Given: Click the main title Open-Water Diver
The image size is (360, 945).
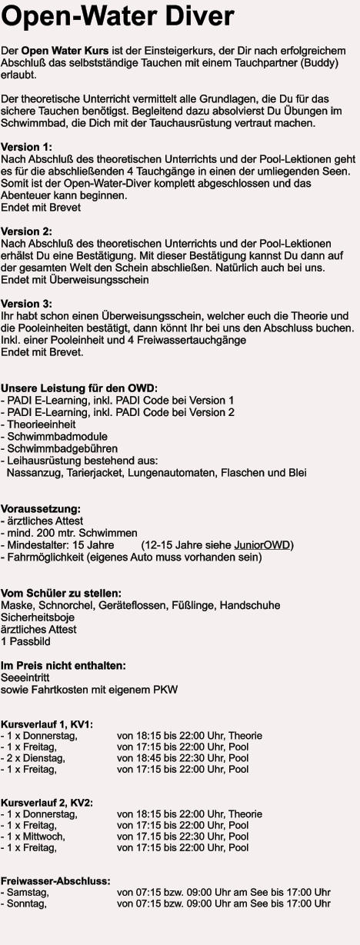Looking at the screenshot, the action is (118, 17).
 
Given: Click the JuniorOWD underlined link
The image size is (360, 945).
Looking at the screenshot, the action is (261, 545).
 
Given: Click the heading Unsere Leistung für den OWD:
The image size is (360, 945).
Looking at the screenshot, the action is (79, 388).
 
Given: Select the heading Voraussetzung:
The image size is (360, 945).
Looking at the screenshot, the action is (41, 509).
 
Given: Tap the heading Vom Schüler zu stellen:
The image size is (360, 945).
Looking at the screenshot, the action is (61, 593).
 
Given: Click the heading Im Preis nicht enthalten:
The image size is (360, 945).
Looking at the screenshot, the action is (64, 665).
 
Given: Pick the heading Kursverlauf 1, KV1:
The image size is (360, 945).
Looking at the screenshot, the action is (47, 724).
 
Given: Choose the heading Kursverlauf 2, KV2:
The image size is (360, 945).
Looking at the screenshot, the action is (47, 803).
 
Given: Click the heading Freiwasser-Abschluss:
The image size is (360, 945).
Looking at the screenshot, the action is (55, 880).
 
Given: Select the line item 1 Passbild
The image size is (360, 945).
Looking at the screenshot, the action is (24, 641).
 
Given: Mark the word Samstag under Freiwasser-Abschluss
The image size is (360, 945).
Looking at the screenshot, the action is (28, 892).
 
